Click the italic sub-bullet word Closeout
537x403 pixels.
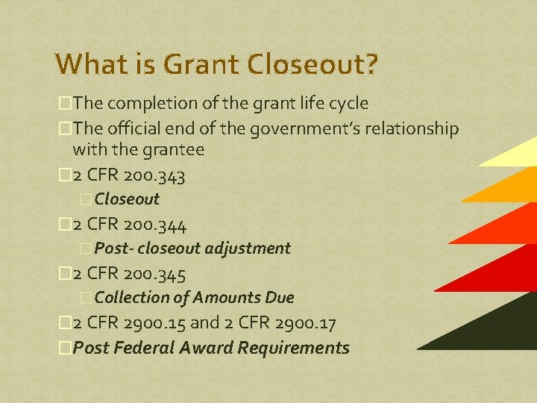point(127,199)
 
